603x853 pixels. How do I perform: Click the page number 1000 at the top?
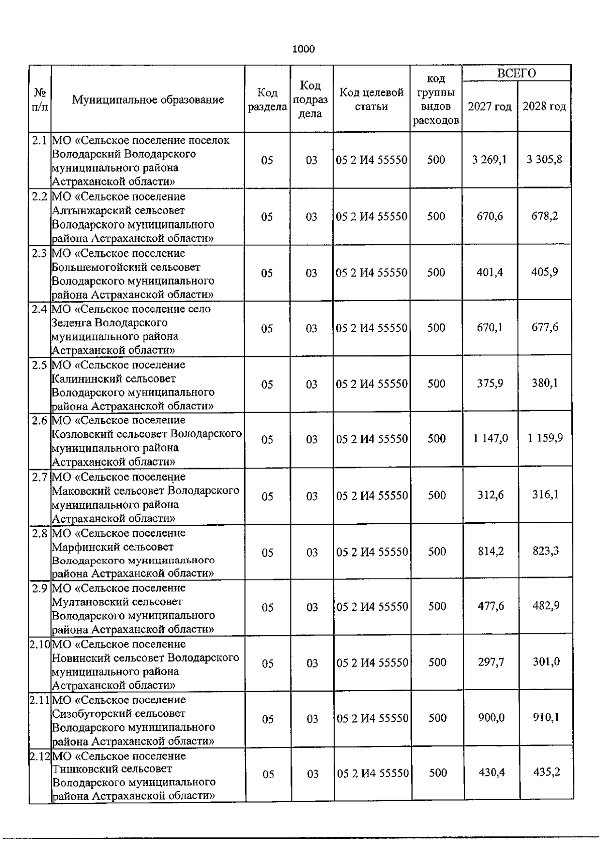pyautogui.click(x=304, y=49)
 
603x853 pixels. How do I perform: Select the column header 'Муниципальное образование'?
pyautogui.click(x=148, y=100)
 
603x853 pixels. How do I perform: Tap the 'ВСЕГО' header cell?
pyautogui.click(x=517, y=73)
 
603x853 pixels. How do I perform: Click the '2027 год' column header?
pyautogui.click(x=489, y=107)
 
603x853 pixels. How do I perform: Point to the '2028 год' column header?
pyautogui.click(x=544, y=107)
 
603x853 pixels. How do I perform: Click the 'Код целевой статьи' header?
pyautogui.click(x=372, y=100)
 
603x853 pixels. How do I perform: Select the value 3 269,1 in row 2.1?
pyautogui.click(x=489, y=160)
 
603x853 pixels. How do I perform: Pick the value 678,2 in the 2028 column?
pyautogui.click(x=545, y=216)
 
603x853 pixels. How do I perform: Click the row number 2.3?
pyautogui.click(x=40, y=253)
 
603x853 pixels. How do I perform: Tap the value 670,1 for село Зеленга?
pyautogui.click(x=490, y=328)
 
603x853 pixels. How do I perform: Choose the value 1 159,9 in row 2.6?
pyautogui.click(x=545, y=438)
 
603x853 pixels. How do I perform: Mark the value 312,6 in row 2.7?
pyautogui.click(x=490, y=495)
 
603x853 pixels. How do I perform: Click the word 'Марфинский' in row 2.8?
pyautogui.click(x=80, y=546)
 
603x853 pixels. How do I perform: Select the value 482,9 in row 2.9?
pyautogui.click(x=546, y=606)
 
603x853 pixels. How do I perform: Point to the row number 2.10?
pyautogui.click(x=40, y=644)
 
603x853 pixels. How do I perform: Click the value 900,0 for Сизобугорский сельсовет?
pyautogui.click(x=491, y=718)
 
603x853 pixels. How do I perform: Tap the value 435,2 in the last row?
pyautogui.click(x=546, y=772)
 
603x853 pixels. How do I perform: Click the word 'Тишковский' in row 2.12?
pyautogui.click(x=79, y=769)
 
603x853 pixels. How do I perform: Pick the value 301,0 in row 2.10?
pyautogui.click(x=546, y=662)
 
